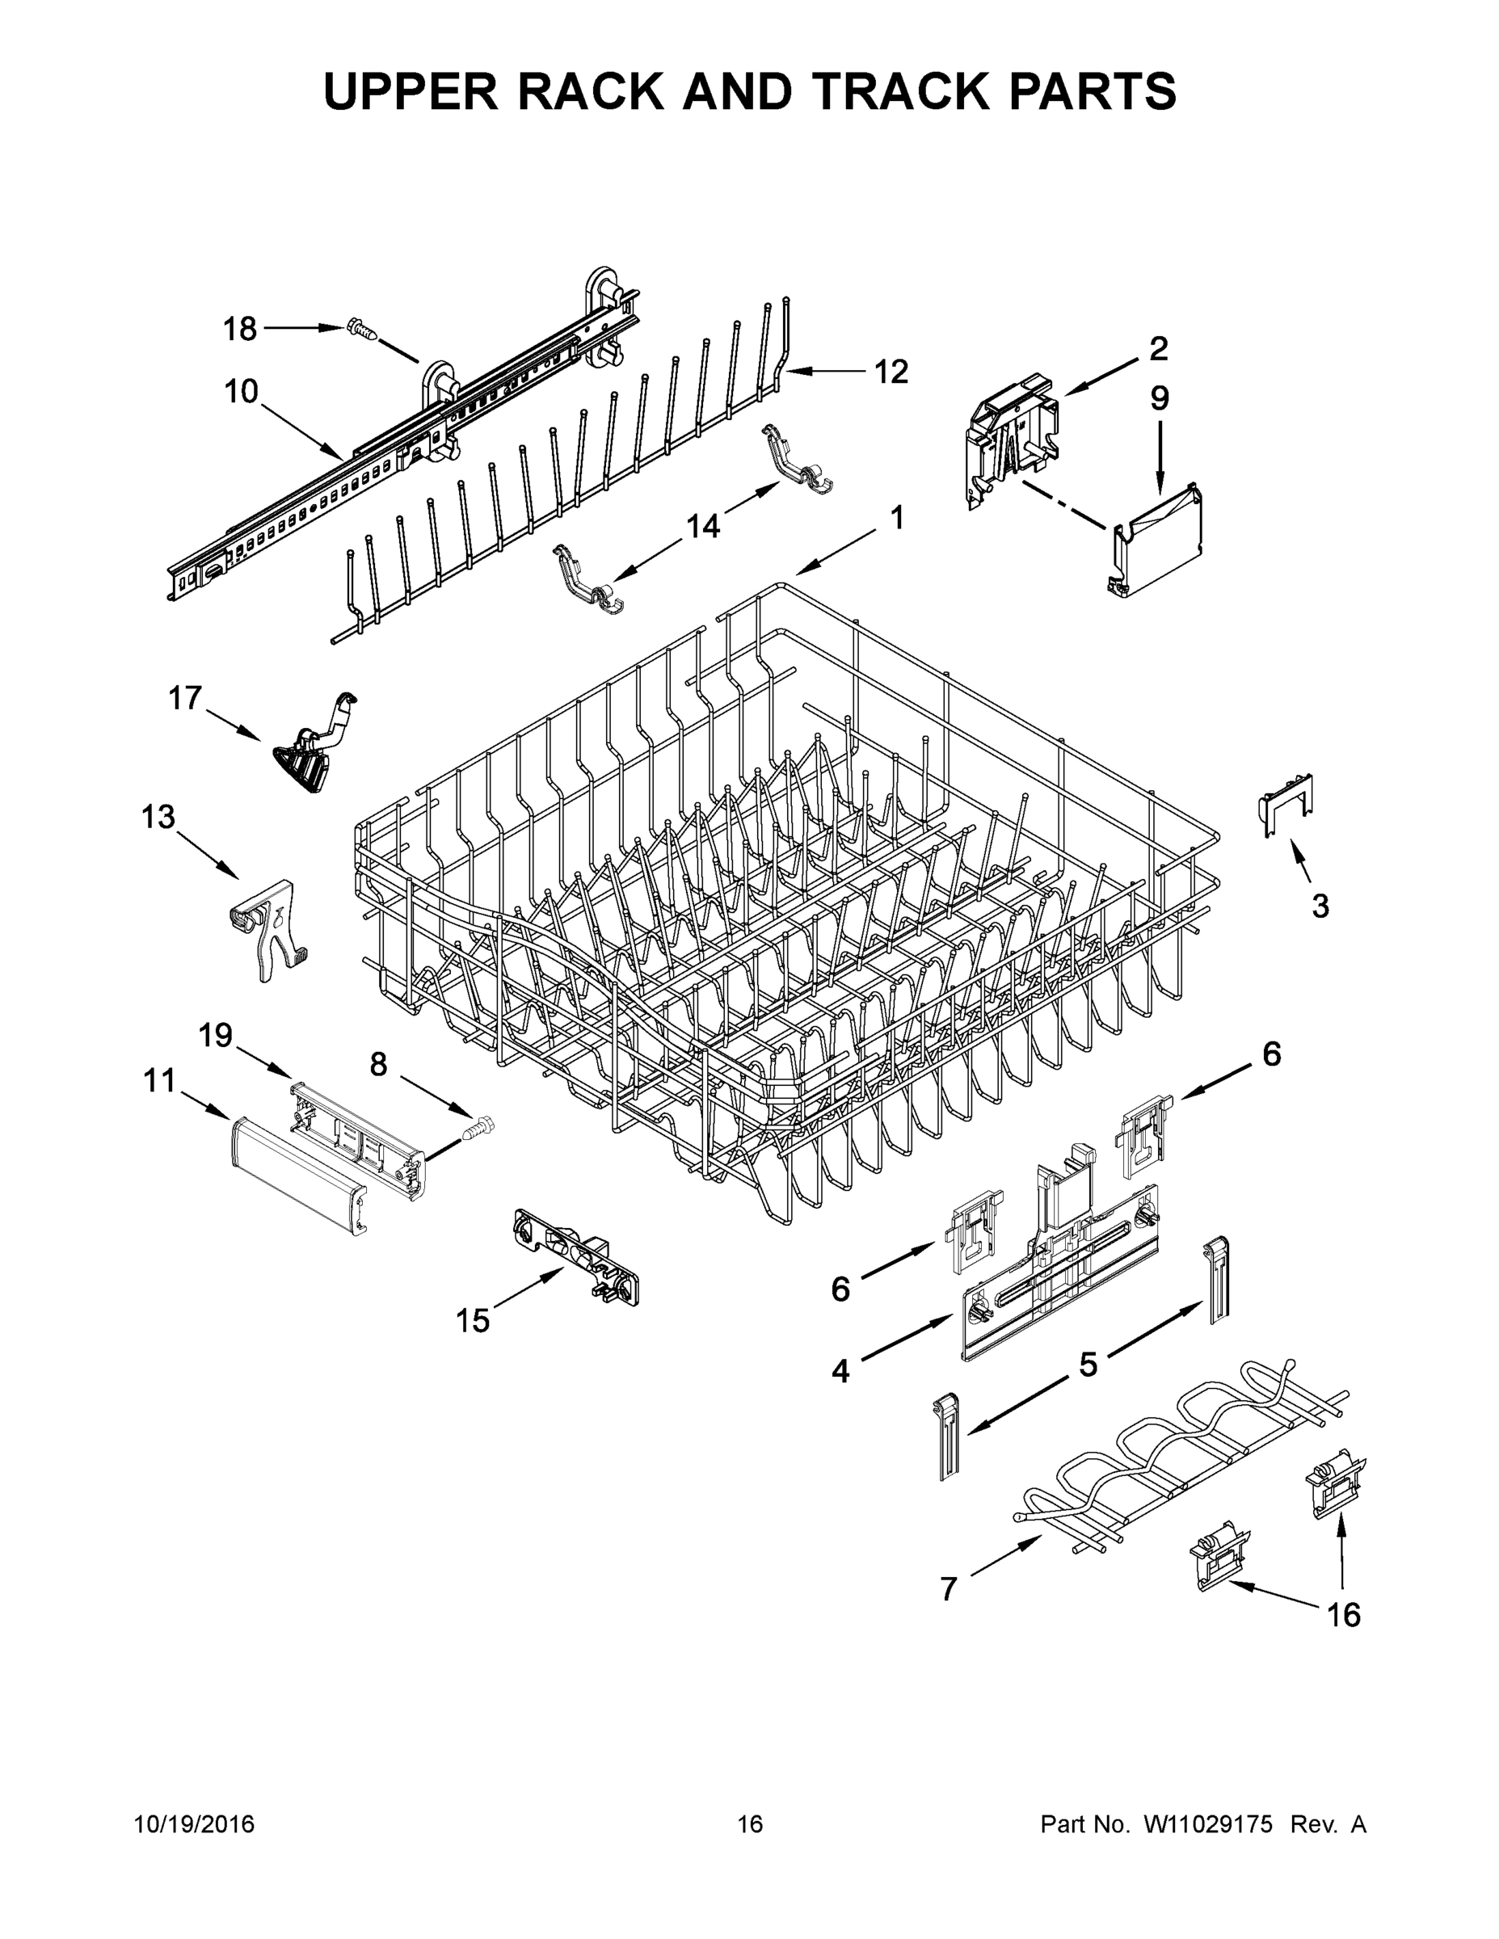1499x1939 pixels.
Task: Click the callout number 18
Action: [x=239, y=330]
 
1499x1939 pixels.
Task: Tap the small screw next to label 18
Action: [x=361, y=330]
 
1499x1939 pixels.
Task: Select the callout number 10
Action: [x=241, y=392]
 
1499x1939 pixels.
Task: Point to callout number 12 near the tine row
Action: [x=891, y=372]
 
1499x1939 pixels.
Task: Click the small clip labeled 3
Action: [x=1286, y=804]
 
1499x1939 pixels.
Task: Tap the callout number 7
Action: [x=949, y=1588]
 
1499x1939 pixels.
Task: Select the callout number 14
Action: [x=702, y=527]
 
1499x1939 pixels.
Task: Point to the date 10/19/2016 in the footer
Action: [x=194, y=1823]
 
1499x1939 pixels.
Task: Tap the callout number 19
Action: [x=215, y=1035]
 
